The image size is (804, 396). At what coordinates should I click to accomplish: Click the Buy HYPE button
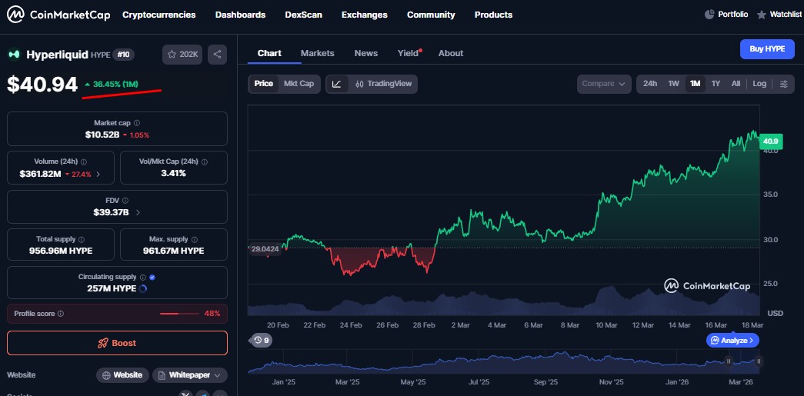coord(767,49)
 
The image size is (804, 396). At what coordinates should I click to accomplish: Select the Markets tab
coord(317,53)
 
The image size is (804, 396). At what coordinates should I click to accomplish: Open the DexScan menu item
coord(303,15)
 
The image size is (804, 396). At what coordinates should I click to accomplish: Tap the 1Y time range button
coord(716,84)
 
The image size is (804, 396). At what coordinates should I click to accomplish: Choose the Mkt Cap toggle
coord(299,84)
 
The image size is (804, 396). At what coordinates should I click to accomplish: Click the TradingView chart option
coord(382,84)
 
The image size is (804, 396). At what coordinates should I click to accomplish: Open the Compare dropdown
coord(603,84)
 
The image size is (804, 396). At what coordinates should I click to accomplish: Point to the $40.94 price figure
coord(43,84)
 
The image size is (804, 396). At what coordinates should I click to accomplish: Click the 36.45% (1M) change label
coord(111,84)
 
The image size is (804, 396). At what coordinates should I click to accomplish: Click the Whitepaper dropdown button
coord(190,375)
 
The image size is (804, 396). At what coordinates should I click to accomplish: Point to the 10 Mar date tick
coord(606,325)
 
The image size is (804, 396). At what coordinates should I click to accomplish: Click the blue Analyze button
coord(733,340)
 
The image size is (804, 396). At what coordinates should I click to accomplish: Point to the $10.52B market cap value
coord(102,135)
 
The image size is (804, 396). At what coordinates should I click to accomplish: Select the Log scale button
coord(759,84)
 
